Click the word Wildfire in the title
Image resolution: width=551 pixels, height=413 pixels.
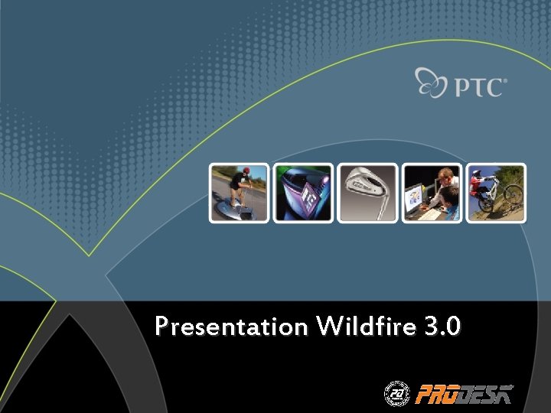[x=365, y=327]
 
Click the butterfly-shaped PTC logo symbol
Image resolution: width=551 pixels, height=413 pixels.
[x=432, y=83]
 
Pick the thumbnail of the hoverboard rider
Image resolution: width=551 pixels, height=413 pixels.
[x=239, y=193]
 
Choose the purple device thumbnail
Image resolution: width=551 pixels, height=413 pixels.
[x=304, y=193]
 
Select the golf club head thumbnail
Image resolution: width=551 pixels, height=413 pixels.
[x=368, y=193]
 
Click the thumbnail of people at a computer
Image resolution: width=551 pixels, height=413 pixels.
[x=432, y=193]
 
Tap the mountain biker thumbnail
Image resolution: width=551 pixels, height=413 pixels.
[x=497, y=193]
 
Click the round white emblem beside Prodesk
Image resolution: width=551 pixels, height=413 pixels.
[x=396, y=393]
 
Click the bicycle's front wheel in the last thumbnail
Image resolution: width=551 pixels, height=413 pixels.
[x=512, y=194]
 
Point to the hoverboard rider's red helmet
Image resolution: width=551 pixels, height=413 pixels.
[x=246, y=171]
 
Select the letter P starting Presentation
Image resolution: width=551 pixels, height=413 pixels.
[x=161, y=327]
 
